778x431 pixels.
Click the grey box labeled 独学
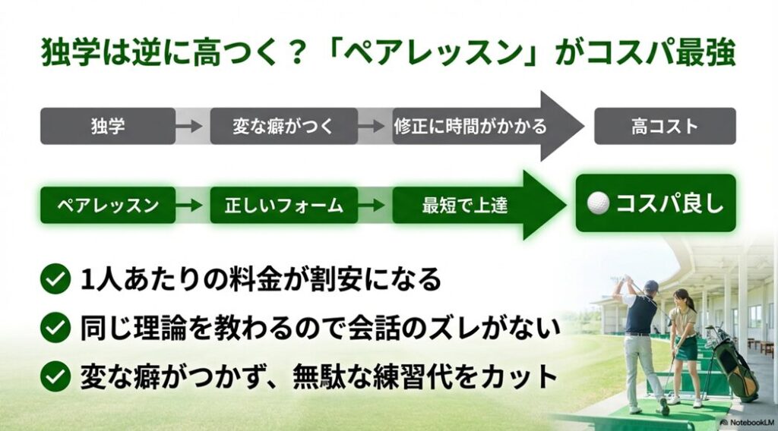[x=108, y=126]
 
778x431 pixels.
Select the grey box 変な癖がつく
[x=284, y=126]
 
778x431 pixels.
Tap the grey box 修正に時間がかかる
[x=470, y=126]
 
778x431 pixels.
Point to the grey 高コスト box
[x=665, y=126]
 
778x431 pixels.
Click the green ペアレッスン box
[x=108, y=205]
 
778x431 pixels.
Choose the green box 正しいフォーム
[x=284, y=205]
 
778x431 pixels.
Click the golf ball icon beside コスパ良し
[x=598, y=203]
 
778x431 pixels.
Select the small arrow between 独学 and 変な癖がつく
[x=189, y=126]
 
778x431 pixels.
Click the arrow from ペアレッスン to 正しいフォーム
[x=189, y=205]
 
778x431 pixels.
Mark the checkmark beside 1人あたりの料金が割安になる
[x=55, y=278]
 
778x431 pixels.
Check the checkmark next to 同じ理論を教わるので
[x=55, y=328]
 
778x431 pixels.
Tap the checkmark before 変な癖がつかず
[x=55, y=376]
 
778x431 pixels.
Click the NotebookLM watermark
[x=748, y=423]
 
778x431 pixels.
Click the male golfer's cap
[x=650, y=285]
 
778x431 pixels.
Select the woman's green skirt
[x=686, y=349]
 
